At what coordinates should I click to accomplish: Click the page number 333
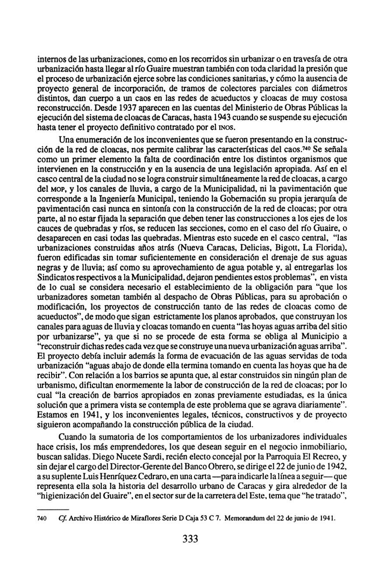pos(191,539)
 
